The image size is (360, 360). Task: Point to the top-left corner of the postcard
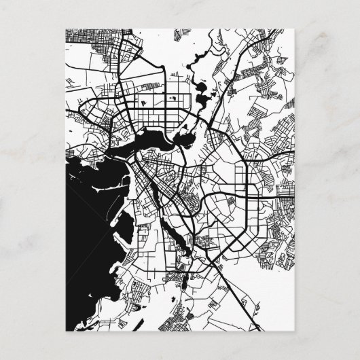(x=67, y=28)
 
